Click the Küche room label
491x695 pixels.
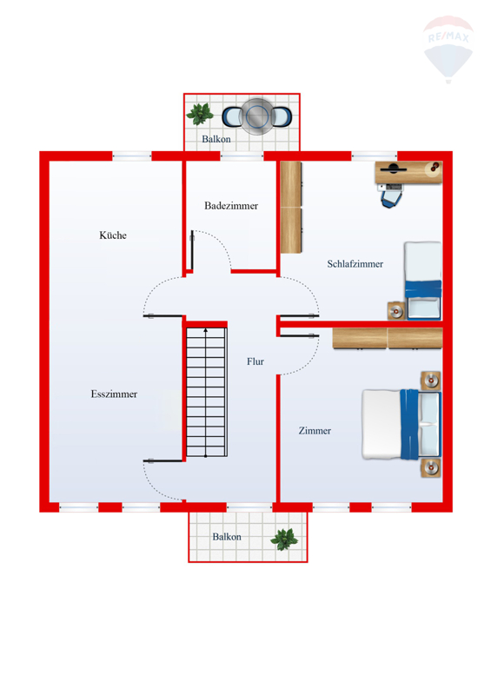113,235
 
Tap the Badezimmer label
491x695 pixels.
231,206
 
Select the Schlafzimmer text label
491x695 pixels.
355,264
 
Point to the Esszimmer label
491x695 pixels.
114,394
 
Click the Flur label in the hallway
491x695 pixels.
255,361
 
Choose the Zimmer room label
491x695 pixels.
315,430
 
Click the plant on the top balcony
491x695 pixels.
200,114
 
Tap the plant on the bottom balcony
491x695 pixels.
284,539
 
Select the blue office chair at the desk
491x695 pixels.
391,195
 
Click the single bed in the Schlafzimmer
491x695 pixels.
423,281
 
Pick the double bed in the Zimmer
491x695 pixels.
401,424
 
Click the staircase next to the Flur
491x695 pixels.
206,393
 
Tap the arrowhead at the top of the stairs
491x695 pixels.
205,330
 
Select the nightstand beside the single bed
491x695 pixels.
396,311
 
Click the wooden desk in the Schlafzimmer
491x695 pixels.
408,172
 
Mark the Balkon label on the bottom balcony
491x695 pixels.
227,537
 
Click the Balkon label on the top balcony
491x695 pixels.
216,139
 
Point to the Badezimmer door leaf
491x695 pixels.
192,250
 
